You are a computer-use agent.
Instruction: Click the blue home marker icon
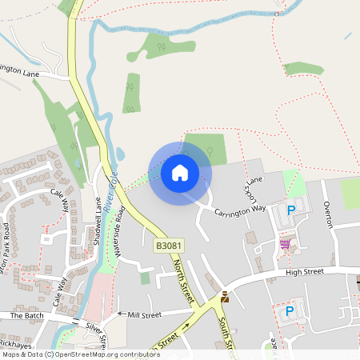(x=180, y=173)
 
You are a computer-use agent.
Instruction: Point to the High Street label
(x=304, y=272)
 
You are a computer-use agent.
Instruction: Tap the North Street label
(x=183, y=279)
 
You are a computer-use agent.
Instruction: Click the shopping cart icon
(x=285, y=244)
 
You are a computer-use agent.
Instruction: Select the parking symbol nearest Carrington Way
(x=291, y=210)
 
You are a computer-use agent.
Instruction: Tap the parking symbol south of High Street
(x=290, y=310)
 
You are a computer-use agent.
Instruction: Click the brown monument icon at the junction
(x=225, y=298)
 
